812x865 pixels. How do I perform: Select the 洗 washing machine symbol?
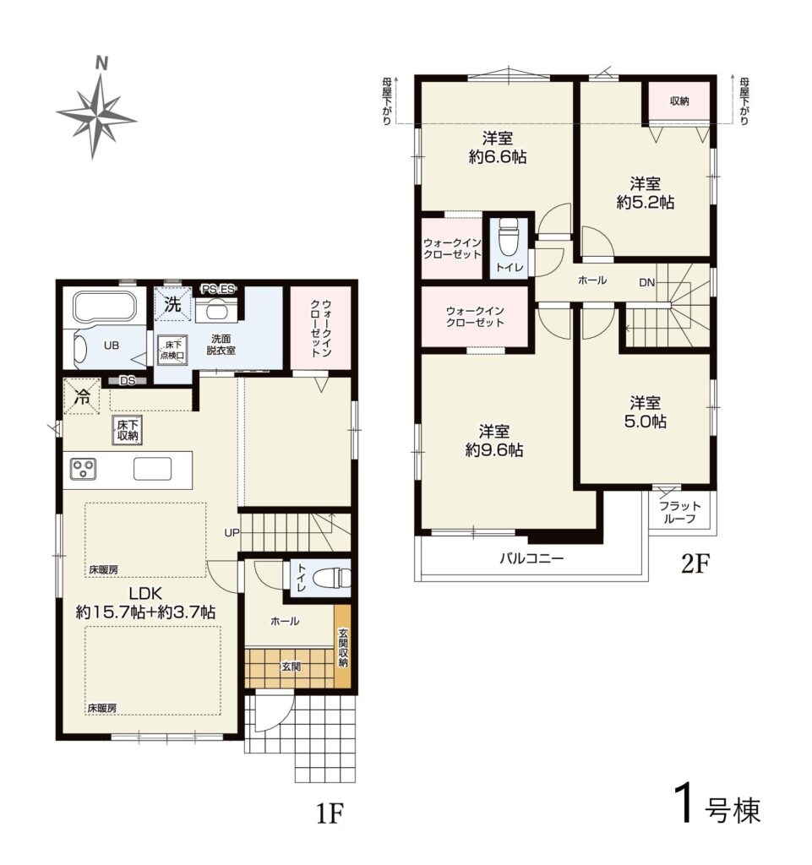point(172,304)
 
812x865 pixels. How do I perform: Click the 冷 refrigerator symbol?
point(82,396)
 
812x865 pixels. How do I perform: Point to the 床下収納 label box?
point(128,430)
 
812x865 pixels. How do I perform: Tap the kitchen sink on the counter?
point(152,470)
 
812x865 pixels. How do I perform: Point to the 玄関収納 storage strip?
point(342,646)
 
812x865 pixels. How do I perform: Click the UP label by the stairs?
point(232,533)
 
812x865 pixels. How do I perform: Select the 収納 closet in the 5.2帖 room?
point(679,101)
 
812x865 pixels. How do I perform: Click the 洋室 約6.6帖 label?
point(498,147)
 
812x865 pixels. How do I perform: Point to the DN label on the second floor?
point(646,283)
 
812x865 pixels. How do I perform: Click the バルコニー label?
point(531,559)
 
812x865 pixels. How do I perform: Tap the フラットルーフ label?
point(679,513)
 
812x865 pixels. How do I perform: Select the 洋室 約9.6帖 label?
point(494,441)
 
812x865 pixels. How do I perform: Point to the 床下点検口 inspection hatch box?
point(173,350)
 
